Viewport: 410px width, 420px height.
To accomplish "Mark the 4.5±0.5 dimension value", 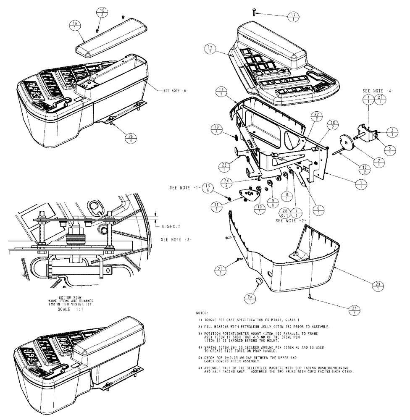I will pyautogui.click(x=171, y=227).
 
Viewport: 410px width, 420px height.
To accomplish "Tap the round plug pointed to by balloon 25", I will pyautogui.click(x=258, y=281).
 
